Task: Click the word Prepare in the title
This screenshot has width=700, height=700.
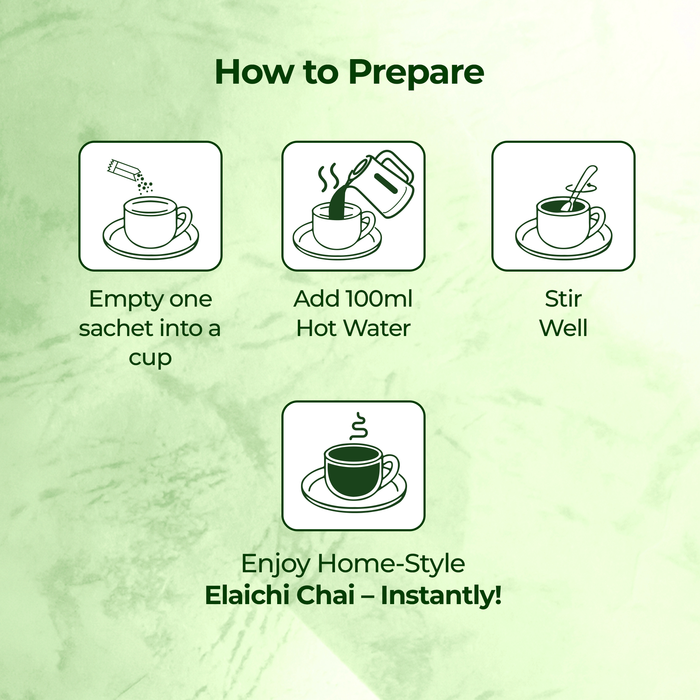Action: click(416, 73)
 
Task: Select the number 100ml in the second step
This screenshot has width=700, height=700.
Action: click(379, 299)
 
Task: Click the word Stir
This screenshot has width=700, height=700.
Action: click(563, 299)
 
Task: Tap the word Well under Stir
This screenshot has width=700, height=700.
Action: click(563, 328)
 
